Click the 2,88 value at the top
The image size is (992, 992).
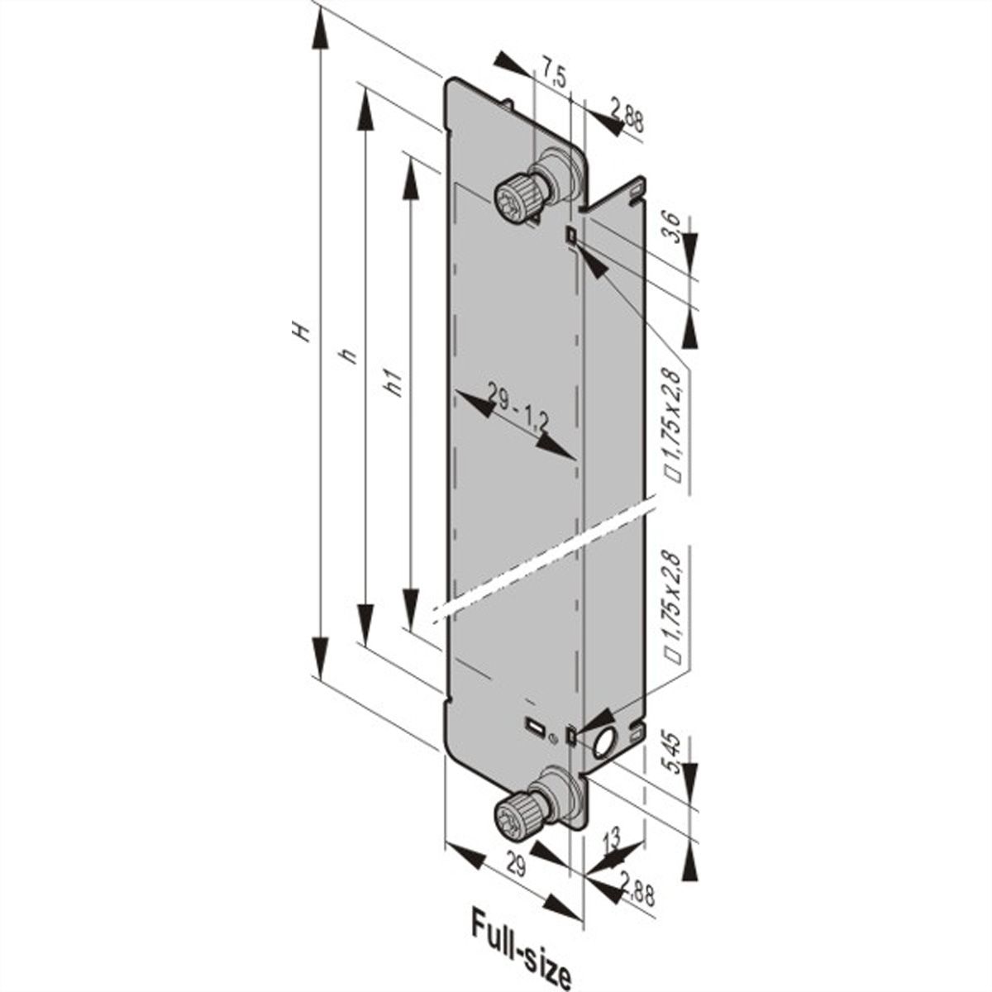click(x=627, y=114)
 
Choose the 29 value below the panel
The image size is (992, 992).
click(x=515, y=867)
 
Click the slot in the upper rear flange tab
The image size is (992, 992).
click(x=634, y=193)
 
